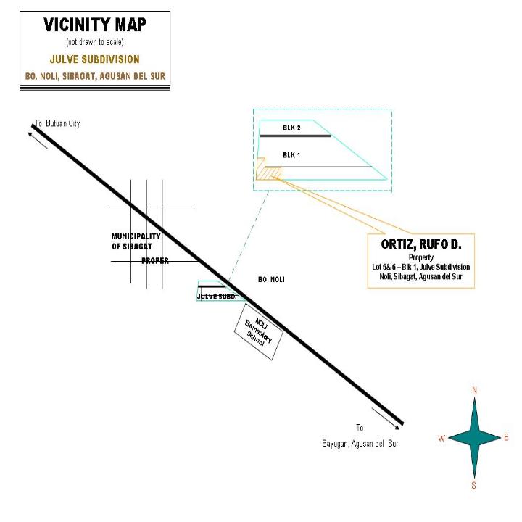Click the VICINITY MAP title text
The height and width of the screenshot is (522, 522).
coord(95,25)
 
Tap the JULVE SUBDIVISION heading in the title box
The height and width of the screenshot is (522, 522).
coord(95,59)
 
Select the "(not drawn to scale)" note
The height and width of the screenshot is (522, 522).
coord(95,42)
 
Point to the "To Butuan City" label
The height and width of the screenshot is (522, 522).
coord(57,123)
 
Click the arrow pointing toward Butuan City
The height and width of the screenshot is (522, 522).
coord(38,141)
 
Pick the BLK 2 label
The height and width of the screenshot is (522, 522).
coord(291,128)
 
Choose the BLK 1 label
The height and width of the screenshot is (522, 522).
coord(291,155)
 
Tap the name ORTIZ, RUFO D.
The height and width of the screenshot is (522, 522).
coord(421,244)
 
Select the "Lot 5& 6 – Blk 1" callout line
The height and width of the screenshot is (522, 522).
coord(421,267)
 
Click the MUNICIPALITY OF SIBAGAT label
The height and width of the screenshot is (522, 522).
coord(136,241)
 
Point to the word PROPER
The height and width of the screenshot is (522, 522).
coord(155,261)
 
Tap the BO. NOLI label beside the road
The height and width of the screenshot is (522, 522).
coord(271,280)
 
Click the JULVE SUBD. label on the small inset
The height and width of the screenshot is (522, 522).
coord(217,297)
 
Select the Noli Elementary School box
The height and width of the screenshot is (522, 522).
coord(259,331)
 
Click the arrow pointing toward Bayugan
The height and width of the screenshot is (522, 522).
coord(386,418)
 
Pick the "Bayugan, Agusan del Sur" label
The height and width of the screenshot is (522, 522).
coord(360,444)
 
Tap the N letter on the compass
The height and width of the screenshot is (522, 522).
coord(475,390)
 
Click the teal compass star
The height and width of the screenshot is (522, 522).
coord(475,438)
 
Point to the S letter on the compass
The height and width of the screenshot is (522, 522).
coord(473,485)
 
